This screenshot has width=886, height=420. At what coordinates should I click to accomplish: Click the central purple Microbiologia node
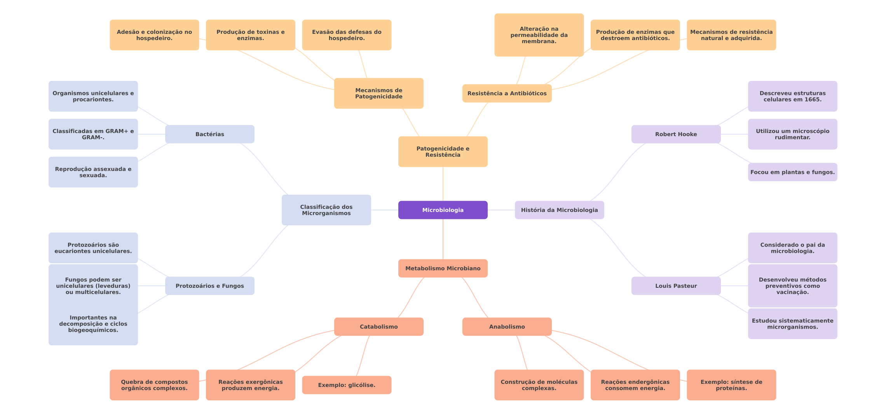pos(443,210)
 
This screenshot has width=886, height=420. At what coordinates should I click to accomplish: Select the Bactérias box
pos(209,134)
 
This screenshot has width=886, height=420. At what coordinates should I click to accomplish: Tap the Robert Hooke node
pos(676,134)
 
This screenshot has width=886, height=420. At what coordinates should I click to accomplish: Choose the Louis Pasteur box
pos(676,286)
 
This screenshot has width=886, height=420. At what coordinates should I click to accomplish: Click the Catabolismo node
pos(378,327)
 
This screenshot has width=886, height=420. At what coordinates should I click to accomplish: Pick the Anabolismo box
pos(507,327)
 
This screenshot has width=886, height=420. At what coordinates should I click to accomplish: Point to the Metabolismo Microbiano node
pos(443,268)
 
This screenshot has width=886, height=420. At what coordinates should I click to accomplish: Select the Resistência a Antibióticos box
pos(507,93)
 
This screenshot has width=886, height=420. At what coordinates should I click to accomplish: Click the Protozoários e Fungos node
pos(209,286)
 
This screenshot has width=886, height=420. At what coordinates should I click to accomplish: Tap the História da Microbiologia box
pos(559,210)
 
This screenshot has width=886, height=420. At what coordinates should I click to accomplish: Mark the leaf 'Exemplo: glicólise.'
pos(347,385)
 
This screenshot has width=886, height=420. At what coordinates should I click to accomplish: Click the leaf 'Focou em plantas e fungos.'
pos(792,172)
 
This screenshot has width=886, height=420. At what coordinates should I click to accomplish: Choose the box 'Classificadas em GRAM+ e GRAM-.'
pos(93,134)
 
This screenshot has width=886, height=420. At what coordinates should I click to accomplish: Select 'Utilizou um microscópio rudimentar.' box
pos(792,134)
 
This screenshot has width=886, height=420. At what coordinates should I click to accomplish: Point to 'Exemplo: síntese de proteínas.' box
pos(731,385)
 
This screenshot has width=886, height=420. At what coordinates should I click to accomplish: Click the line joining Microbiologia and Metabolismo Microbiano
pos(443,239)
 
